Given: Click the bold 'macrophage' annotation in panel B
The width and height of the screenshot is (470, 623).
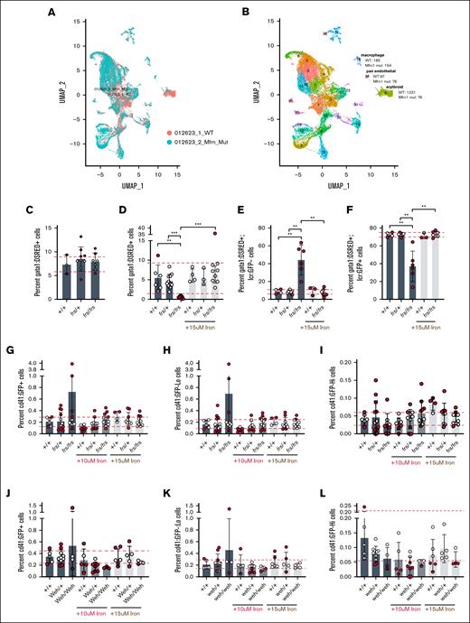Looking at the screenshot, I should point(371,53).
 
